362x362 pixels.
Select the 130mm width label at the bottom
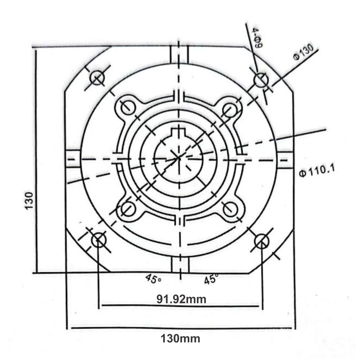point(181,339)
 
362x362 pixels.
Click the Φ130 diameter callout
point(303,53)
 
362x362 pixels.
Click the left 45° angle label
point(153,278)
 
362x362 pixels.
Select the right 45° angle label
point(211,279)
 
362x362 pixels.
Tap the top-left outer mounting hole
point(97,78)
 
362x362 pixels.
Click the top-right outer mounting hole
point(261,80)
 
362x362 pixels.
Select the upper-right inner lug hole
point(229,108)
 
